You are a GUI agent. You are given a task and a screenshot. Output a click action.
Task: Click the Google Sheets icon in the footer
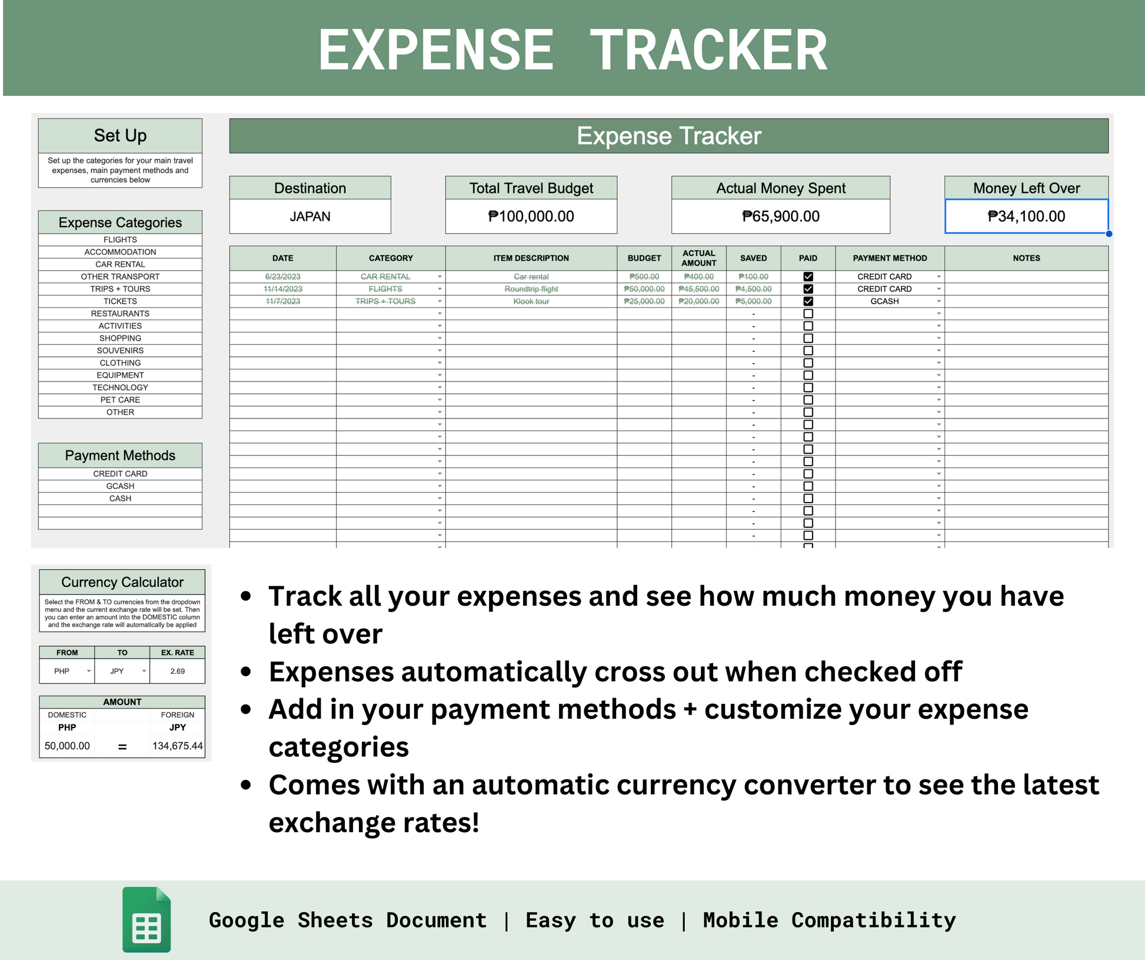pyautogui.click(x=147, y=919)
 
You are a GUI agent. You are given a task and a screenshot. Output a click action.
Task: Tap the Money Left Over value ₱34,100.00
pyautogui.click(x=1026, y=217)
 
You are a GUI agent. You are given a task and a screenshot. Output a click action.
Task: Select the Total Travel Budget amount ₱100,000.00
pyautogui.click(x=531, y=217)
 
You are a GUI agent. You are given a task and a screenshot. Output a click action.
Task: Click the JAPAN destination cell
pyautogui.click(x=310, y=217)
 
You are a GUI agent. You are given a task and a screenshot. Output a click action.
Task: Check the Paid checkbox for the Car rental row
pyautogui.click(x=808, y=277)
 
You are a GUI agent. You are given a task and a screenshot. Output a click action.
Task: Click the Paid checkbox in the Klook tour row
pyautogui.click(x=808, y=301)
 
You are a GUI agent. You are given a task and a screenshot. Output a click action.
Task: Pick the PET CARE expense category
pyautogui.click(x=120, y=400)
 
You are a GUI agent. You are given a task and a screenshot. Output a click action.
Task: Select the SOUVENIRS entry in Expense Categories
pyautogui.click(x=120, y=351)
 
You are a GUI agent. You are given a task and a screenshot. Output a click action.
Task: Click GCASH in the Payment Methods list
pyautogui.click(x=120, y=486)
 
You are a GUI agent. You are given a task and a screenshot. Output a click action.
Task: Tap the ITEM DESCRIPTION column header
pyautogui.click(x=531, y=258)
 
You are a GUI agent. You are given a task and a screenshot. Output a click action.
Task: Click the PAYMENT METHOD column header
pyautogui.click(x=890, y=258)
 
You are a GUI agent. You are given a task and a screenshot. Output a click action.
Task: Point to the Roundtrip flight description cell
pyautogui.click(x=531, y=289)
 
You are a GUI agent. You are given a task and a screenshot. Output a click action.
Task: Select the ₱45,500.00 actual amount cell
pyautogui.click(x=698, y=289)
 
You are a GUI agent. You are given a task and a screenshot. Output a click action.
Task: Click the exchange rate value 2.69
pyautogui.click(x=177, y=671)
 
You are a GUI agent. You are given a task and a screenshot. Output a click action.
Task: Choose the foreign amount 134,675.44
pyautogui.click(x=177, y=746)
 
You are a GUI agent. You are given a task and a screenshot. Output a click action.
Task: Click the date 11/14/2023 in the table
pyautogui.click(x=282, y=289)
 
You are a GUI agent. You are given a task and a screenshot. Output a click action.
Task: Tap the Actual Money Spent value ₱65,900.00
pyautogui.click(x=780, y=217)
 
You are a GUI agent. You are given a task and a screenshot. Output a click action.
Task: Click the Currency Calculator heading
pyautogui.click(x=122, y=582)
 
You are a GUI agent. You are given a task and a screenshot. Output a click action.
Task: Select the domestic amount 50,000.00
pyautogui.click(x=67, y=746)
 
